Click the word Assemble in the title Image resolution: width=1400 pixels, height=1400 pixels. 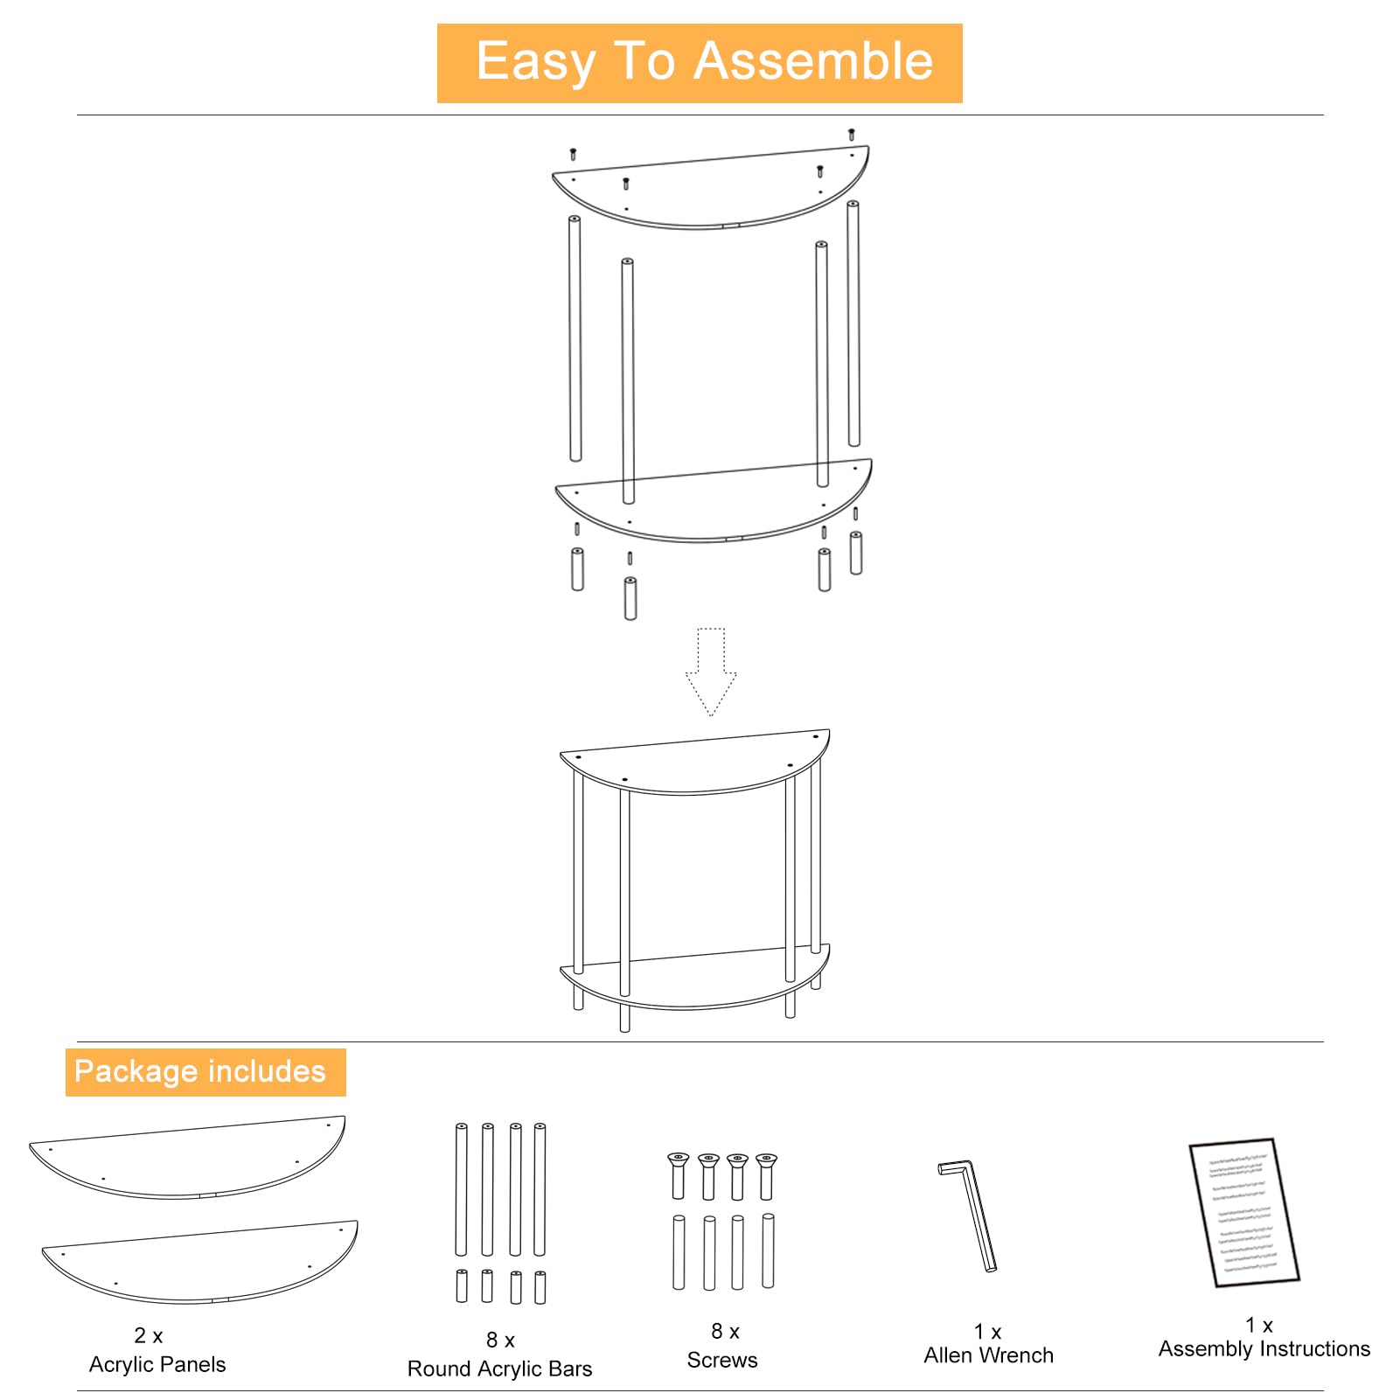(813, 61)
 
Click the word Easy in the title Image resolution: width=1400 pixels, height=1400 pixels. (534, 61)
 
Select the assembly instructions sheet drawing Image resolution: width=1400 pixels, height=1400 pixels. (1243, 1211)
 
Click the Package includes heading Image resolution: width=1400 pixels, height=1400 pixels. (201, 1072)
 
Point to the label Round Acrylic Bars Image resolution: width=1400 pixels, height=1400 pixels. (499, 1369)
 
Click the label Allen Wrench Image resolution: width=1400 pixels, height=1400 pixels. (988, 1355)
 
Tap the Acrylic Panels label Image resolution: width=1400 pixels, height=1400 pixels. (157, 1364)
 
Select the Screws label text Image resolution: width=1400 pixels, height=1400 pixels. (722, 1360)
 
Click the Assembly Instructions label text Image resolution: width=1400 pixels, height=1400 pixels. (1264, 1349)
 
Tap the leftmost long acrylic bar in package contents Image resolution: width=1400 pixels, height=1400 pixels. (461, 1189)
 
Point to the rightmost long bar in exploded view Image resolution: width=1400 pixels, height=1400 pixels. (853, 324)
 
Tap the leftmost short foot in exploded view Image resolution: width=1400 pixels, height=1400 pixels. (577, 568)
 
